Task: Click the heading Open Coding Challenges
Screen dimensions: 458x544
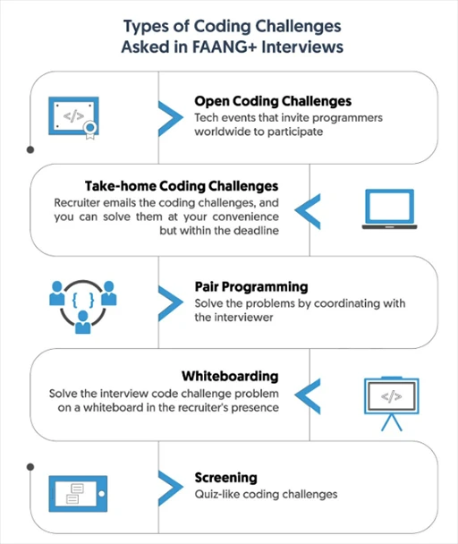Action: (273, 101)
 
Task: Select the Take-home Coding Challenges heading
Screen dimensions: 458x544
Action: (182, 186)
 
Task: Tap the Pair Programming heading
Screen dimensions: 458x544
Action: (251, 287)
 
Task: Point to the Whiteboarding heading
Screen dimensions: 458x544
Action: (230, 376)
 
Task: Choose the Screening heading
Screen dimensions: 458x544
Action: (226, 478)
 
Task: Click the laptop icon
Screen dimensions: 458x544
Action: (389, 208)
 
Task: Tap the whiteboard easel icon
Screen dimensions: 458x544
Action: (392, 404)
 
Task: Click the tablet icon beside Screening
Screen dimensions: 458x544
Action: (78, 494)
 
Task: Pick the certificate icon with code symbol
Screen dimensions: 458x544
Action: (73, 117)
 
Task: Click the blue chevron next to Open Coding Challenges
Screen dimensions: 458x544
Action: (170, 118)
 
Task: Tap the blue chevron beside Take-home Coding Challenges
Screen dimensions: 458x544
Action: (308, 211)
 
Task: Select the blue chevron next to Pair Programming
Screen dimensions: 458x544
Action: (170, 303)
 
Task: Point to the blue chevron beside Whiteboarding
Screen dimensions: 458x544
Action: (308, 396)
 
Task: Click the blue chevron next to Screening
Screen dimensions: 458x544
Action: (170, 489)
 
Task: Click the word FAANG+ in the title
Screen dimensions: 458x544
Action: (224, 47)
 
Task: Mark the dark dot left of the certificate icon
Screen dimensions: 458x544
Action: (30, 149)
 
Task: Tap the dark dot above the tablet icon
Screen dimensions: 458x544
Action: (30, 467)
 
